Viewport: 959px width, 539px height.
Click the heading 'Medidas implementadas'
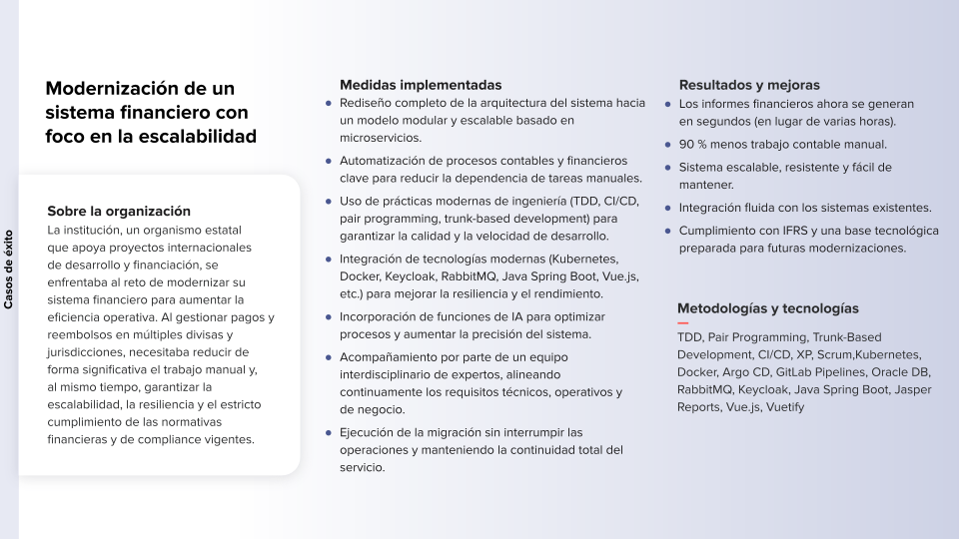(x=421, y=85)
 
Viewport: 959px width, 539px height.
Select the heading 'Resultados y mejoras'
(x=749, y=85)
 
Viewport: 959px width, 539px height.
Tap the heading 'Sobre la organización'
(x=119, y=211)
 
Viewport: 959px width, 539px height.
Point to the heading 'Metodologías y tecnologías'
(x=768, y=308)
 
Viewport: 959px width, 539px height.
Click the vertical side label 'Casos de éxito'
(x=9, y=269)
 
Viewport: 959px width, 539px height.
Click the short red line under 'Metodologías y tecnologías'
(x=683, y=323)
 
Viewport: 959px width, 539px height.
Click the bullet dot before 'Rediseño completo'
(x=329, y=103)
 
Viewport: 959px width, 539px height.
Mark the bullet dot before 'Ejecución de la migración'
(x=329, y=432)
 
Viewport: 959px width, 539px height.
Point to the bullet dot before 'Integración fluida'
(x=668, y=208)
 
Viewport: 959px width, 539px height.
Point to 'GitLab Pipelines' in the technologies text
(x=823, y=372)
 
